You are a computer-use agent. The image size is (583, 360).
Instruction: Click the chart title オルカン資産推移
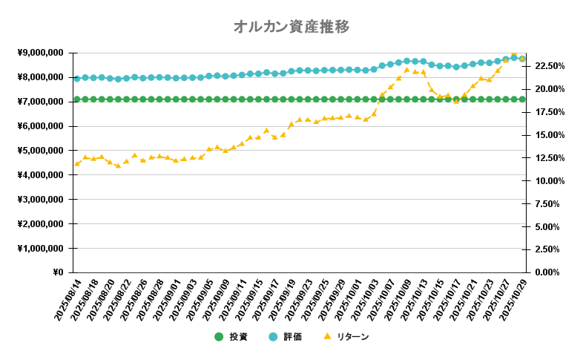291,27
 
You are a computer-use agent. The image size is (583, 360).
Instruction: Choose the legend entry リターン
352,337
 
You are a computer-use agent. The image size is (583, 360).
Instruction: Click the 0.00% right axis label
550,272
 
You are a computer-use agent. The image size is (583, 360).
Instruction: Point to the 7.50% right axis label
550,204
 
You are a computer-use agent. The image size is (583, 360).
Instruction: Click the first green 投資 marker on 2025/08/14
76,99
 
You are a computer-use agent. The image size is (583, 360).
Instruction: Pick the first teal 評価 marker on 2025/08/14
76,78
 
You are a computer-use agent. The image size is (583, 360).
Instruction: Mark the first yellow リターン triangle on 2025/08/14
76,164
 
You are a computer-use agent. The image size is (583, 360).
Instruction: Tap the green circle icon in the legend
219,337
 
